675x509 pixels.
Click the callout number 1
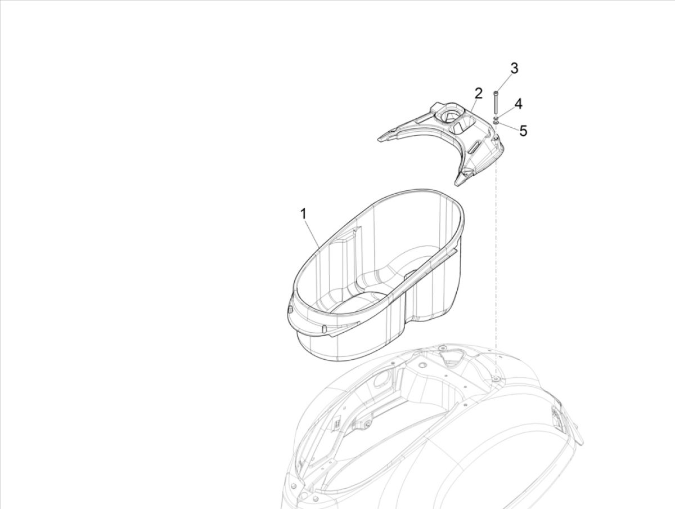(303, 214)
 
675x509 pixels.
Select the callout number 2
(478, 93)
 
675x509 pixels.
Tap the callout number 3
(514, 68)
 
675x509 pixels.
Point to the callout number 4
(518, 104)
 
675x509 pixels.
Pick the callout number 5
(523, 131)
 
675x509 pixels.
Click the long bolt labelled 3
(496, 102)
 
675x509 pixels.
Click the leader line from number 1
(312, 234)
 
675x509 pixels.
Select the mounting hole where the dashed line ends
(496, 379)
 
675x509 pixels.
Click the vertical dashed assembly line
(496, 253)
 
